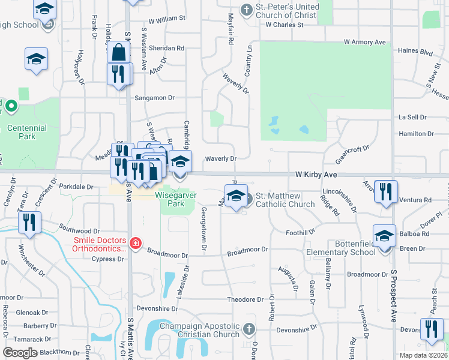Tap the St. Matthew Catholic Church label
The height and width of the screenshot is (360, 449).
[x=285, y=200]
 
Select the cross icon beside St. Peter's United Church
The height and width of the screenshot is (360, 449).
[x=246, y=10]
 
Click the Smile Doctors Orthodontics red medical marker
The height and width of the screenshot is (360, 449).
[x=136, y=243]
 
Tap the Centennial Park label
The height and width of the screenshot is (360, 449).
[x=27, y=132]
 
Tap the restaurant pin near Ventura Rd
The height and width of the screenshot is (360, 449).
[x=385, y=191]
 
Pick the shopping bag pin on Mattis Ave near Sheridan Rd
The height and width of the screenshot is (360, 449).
[x=119, y=52]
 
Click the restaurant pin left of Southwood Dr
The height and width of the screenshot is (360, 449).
[x=29, y=222]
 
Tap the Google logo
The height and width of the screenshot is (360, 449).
[x=20, y=353]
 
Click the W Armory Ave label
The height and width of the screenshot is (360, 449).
[x=364, y=42]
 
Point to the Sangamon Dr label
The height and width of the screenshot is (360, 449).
[x=154, y=97]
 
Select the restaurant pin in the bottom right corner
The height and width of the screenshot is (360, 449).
[x=431, y=328]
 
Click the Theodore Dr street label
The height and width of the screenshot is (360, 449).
[x=246, y=299]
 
